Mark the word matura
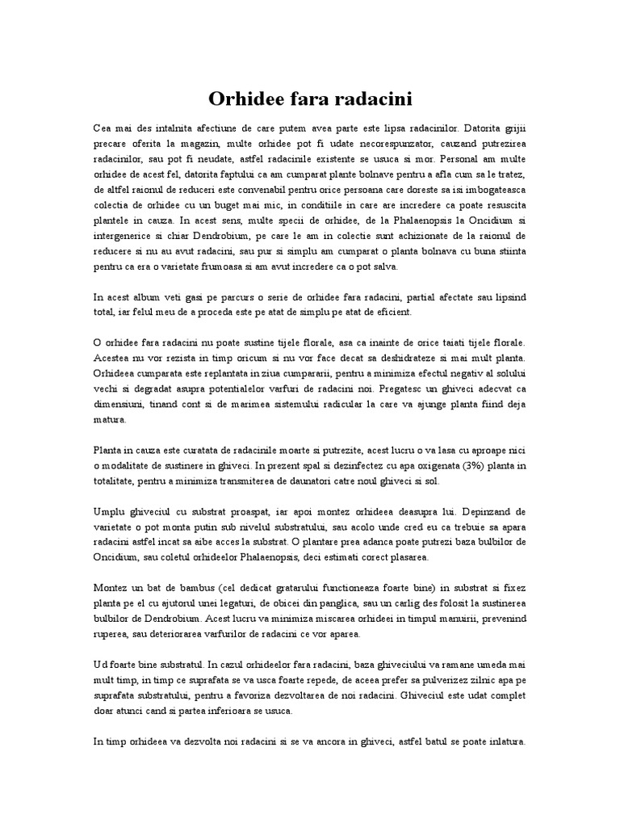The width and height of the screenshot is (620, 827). (x=109, y=420)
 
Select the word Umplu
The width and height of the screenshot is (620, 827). (x=110, y=512)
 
